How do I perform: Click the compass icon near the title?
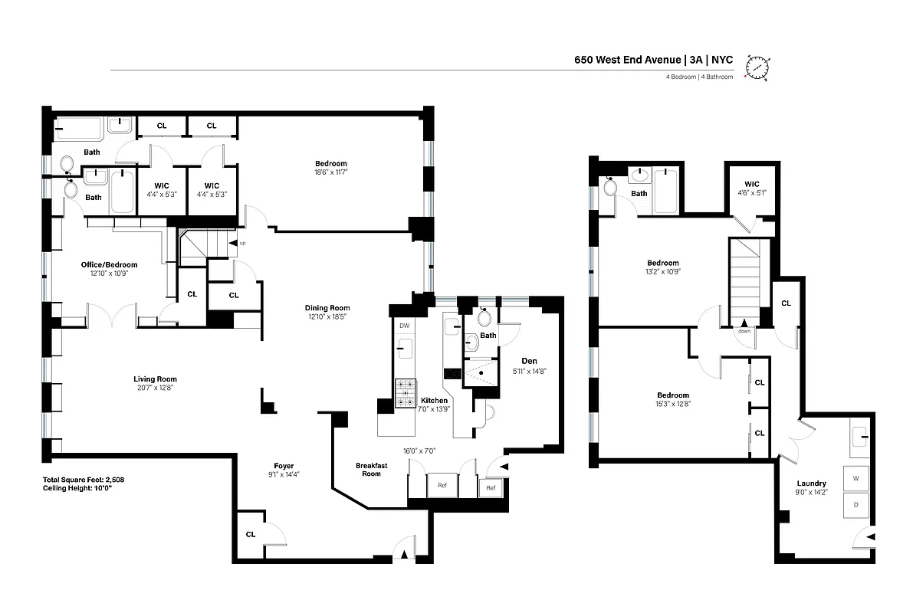pos(759,67)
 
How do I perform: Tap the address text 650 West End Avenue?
pos(629,60)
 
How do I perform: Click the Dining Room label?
pos(328,308)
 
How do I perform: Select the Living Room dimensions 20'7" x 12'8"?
pos(155,387)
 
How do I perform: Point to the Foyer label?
pos(284,466)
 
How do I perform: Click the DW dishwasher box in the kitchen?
pos(404,326)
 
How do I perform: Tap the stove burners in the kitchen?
pos(405,392)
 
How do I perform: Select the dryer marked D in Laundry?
pos(856,505)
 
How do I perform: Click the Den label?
pos(529,360)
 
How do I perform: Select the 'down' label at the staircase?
pos(744,331)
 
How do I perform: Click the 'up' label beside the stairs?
pos(243,243)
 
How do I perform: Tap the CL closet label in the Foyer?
pos(251,535)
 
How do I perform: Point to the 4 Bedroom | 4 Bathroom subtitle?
pos(699,77)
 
